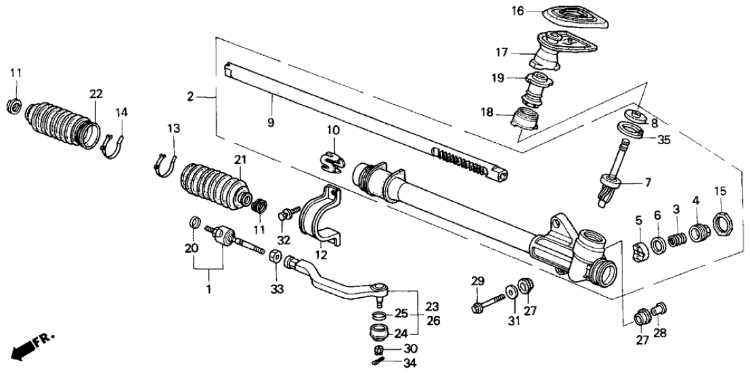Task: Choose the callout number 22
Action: (96, 93)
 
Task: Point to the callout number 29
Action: (478, 282)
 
